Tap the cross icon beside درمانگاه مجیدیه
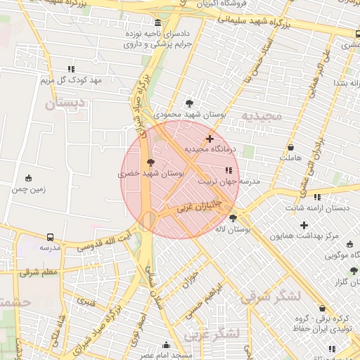[210, 139]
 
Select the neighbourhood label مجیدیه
[261, 115]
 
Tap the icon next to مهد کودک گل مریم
[71, 69]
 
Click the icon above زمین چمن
[28, 178]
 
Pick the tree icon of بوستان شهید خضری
[150, 162]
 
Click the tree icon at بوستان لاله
[233, 219]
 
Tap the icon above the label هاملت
[291, 148]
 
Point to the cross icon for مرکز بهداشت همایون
[304, 225]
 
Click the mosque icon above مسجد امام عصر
[166, 345]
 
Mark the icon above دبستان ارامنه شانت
[317, 198]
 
